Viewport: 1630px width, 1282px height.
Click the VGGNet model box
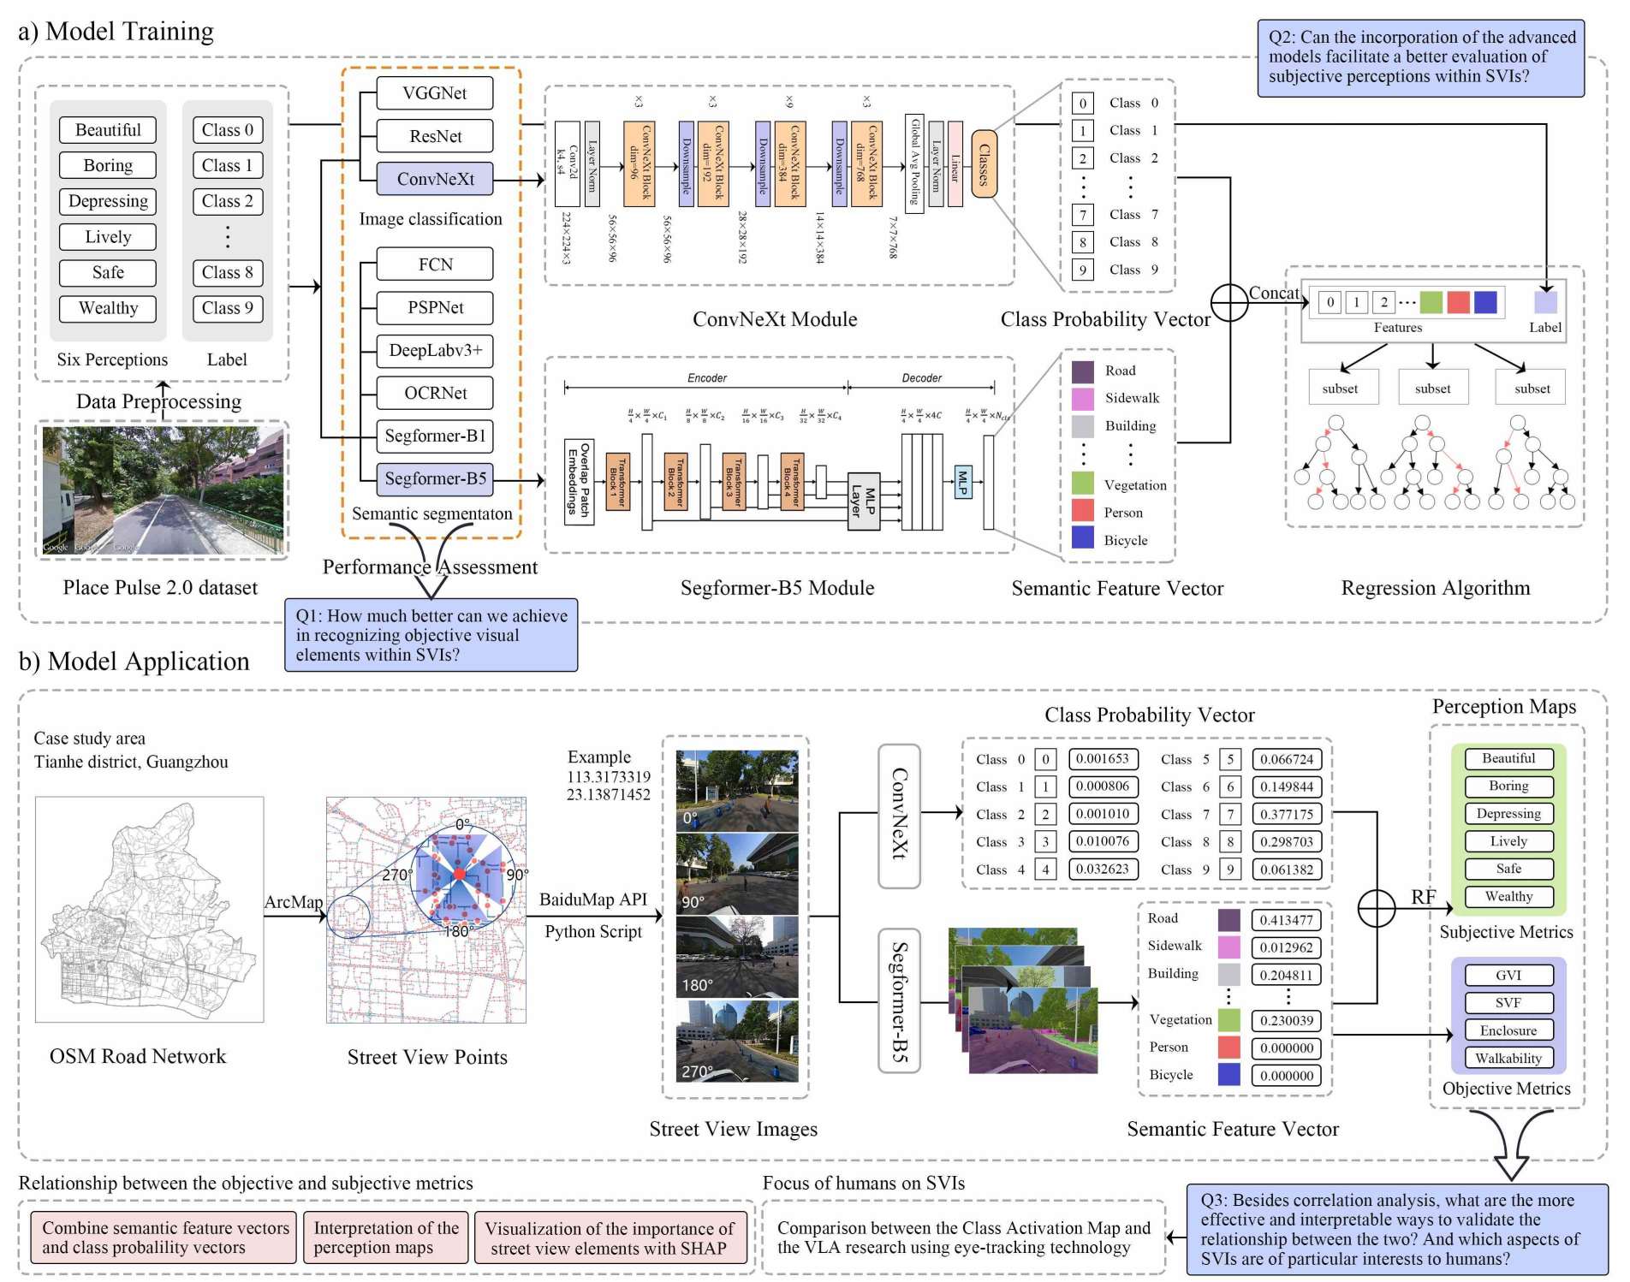(435, 93)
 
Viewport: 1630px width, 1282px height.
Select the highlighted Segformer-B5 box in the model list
(435, 478)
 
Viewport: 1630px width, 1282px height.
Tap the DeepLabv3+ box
(435, 350)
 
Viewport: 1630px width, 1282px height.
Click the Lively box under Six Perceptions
(108, 237)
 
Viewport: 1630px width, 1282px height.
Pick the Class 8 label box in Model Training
(228, 273)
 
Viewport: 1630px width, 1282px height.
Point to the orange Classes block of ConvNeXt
(984, 164)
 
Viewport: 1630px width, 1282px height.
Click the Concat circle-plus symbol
(1229, 303)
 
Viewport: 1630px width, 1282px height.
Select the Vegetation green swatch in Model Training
(1083, 484)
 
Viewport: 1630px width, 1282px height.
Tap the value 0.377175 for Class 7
(1287, 814)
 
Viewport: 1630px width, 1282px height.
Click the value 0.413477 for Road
(1287, 920)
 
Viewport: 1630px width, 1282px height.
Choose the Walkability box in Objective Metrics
(1508, 1058)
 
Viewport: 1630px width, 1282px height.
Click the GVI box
(1508, 976)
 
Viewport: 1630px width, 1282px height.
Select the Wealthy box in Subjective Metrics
(1508, 897)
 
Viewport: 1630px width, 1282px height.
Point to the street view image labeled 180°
(736, 957)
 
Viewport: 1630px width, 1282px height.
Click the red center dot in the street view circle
(460, 873)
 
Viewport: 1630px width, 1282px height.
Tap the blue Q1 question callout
(431, 635)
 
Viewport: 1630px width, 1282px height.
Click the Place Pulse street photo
(163, 490)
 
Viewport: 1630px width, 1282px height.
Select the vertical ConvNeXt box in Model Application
(899, 816)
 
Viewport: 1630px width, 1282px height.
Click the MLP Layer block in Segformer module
(863, 502)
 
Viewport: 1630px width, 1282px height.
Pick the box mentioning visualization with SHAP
(609, 1238)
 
